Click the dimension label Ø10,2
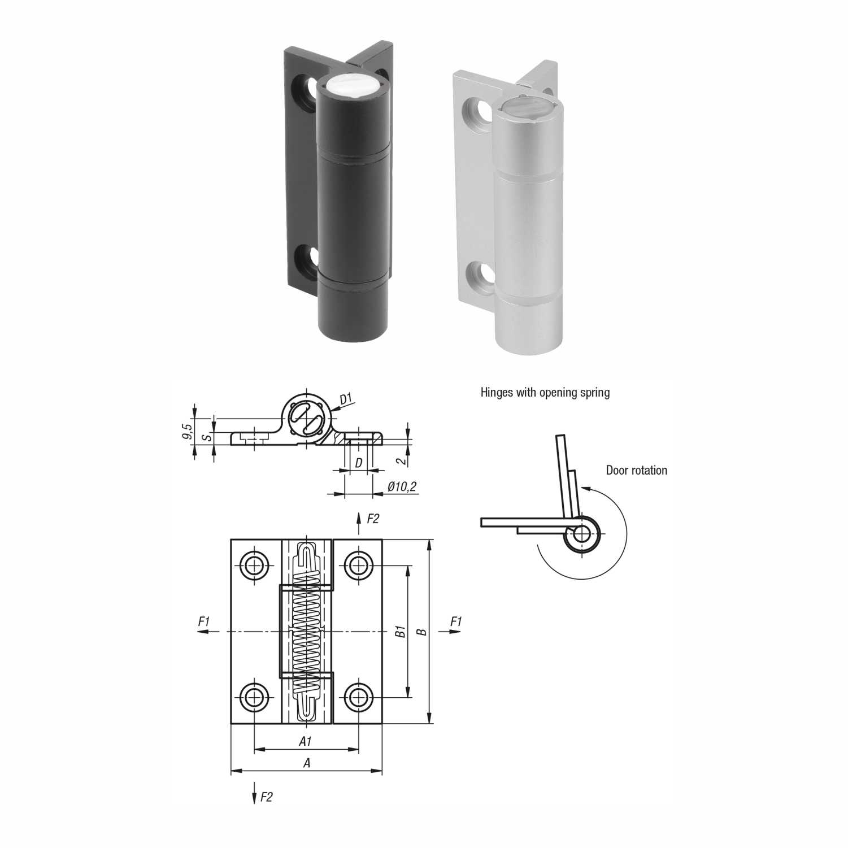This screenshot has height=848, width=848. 402,486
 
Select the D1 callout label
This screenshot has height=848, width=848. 346,399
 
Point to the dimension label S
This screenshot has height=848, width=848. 207,437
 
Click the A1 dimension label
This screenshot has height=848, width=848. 305,741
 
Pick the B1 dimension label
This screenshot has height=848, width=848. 401,632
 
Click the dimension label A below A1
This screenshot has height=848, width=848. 307,763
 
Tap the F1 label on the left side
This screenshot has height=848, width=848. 204,621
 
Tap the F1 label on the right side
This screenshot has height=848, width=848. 456,621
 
